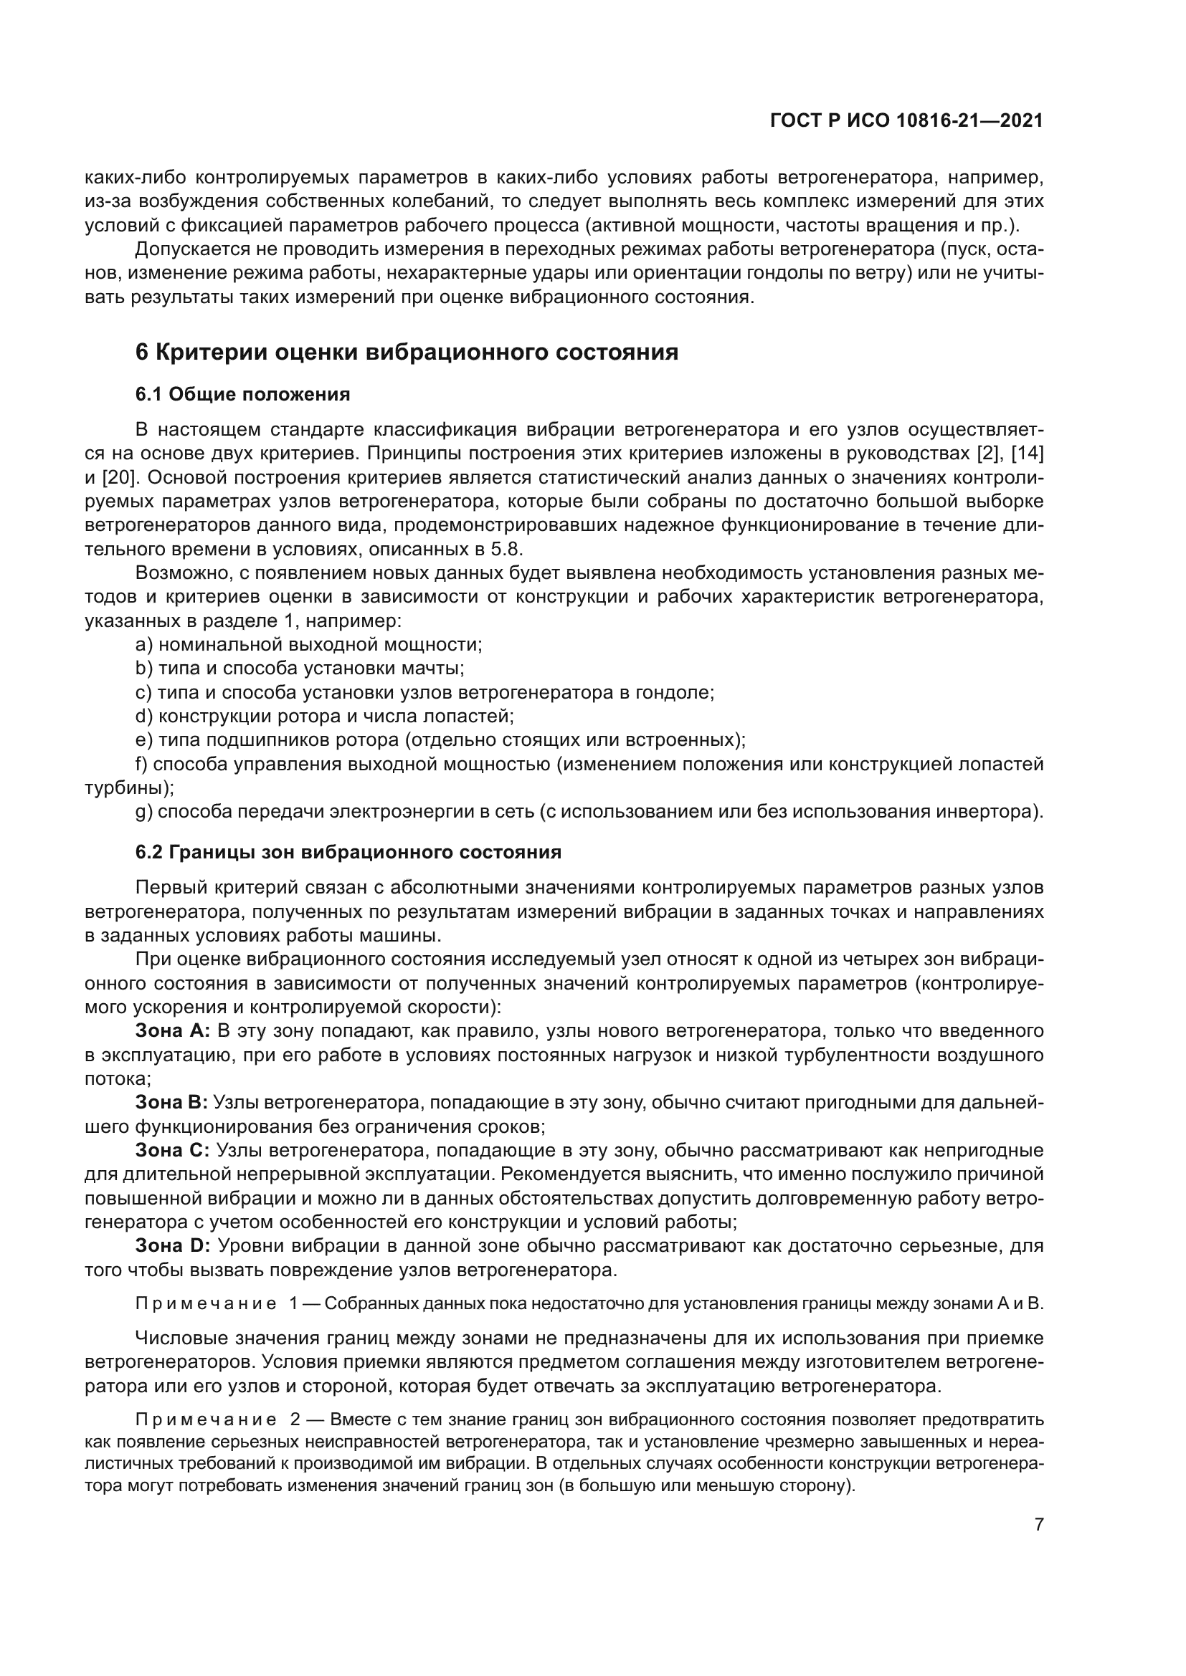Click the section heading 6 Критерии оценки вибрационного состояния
(x=407, y=353)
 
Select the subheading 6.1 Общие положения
(x=242, y=395)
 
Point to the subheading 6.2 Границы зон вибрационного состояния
(x=348, y=853)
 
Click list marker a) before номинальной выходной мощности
(x=144, y=645)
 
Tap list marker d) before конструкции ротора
(x=144, y=716)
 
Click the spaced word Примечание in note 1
(x=206, y=1304)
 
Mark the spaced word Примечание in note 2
(x=206, y=1419)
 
